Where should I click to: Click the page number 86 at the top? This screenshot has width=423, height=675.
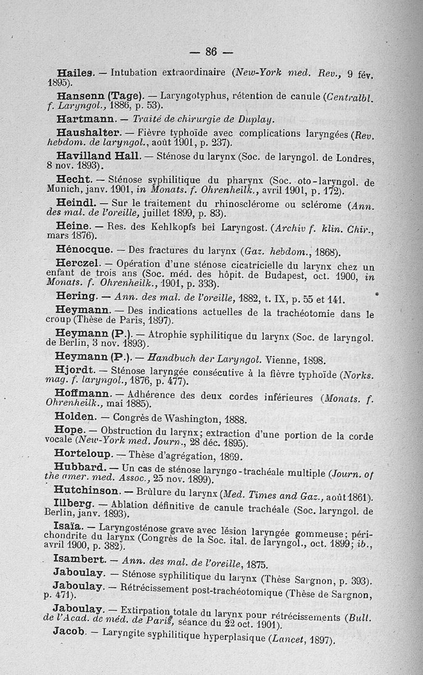tap(212, 51)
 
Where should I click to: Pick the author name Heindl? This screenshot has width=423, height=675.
tap(73, 204)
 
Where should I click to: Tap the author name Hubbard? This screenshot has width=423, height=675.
tap(80, 467)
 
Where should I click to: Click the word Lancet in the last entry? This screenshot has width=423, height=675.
tap(286, 637)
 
